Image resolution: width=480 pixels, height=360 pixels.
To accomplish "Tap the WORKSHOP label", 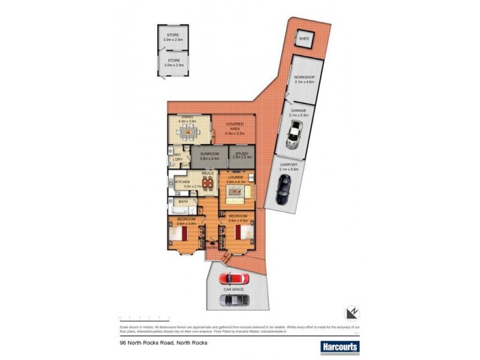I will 304,78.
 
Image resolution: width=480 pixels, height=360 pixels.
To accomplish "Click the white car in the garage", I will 294,136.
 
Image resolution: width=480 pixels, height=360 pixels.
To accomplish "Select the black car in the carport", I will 282,191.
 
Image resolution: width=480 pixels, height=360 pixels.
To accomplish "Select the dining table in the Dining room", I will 188,131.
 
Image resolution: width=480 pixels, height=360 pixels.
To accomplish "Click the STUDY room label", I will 242,154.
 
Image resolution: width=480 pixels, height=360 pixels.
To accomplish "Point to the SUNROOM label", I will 209,154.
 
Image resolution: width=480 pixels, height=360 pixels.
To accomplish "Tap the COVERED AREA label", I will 235,126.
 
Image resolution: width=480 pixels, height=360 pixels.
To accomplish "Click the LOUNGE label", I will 235,178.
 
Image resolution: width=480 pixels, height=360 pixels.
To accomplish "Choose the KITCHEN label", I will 182,182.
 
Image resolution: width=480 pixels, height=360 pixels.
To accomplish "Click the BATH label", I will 183,202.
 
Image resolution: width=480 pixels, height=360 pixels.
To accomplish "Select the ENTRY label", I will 211,247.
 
